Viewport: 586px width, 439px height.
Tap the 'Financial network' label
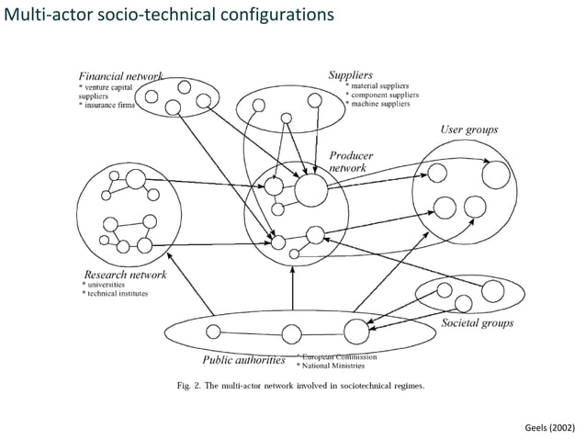(120, 76)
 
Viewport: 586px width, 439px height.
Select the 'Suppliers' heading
(351, 73)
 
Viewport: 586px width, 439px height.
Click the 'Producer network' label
(352, 162)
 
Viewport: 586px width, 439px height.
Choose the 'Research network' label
(125, 274)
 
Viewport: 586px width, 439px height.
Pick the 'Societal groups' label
(477, 322)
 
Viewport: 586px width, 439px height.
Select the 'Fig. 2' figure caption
(300, 386)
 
